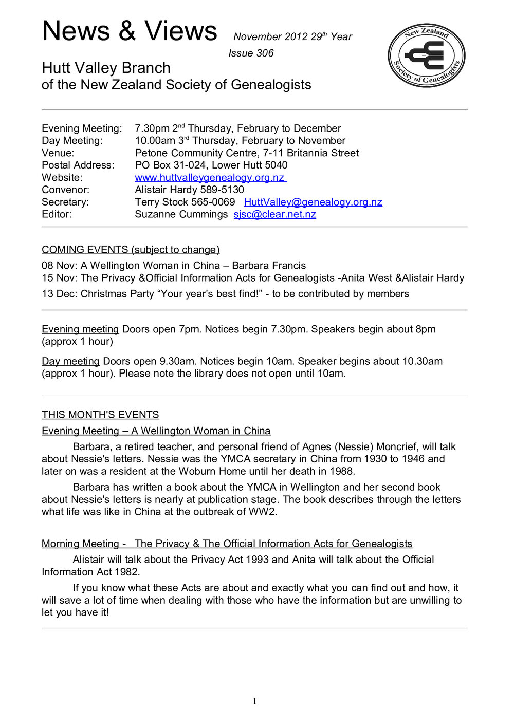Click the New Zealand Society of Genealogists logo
427,55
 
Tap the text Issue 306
251,53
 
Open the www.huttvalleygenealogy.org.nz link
210,177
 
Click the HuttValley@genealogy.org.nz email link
313,202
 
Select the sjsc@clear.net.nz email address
274,214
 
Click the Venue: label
58,153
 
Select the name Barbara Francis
269,265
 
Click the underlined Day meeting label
70,361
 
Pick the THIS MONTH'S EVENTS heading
100,414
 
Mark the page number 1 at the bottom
254,701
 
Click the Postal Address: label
78,165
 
